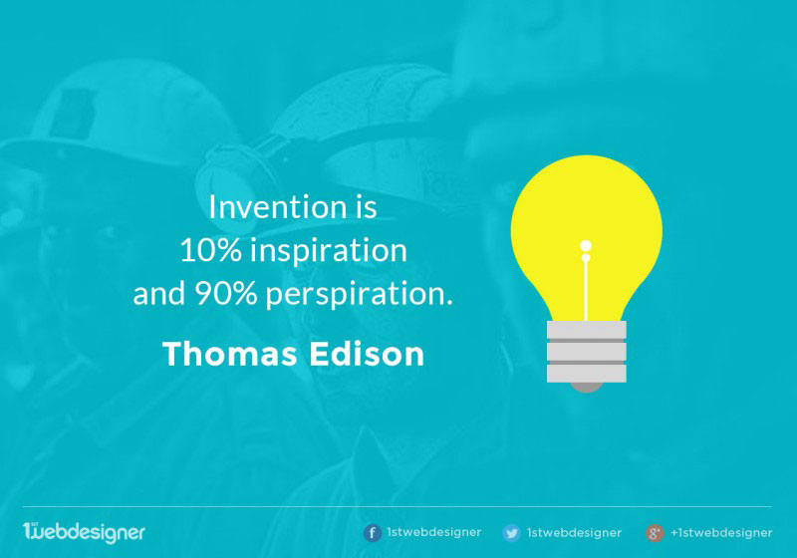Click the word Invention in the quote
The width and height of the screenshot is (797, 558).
point(278,207)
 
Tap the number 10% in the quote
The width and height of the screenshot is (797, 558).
point(210,250)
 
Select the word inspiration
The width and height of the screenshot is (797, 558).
point(329,251)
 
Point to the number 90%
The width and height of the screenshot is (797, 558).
point(226,294)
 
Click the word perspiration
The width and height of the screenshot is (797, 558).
point(359,295)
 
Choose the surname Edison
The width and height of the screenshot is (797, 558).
point(367,354)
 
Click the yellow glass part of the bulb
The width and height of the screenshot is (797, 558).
point(586,203)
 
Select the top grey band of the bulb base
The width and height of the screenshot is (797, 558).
point(587,330)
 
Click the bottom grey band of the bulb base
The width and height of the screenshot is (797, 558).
point(587,374)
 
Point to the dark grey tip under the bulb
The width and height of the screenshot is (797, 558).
point(587,388)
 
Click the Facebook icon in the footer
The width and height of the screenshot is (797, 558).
point(372,533)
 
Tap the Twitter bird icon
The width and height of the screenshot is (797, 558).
point(511,533)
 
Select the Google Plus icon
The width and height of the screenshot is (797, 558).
point(655,533)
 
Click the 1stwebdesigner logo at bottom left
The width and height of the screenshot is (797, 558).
point(84,532)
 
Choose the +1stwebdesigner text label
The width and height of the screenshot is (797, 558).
point(721,532)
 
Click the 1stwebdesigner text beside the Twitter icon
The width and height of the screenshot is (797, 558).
point(574,532)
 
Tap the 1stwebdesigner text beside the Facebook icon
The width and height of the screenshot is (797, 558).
point(433,532)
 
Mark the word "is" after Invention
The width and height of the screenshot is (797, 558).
point(366,207)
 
